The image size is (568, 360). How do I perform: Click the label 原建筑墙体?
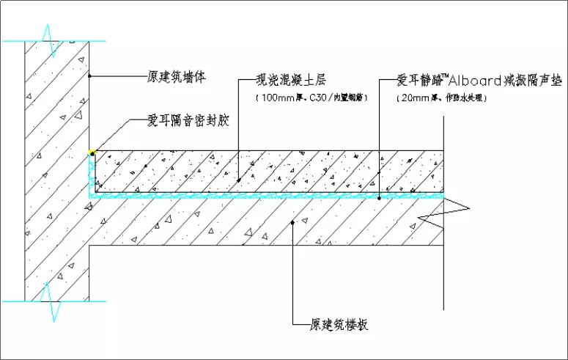coord(176,75)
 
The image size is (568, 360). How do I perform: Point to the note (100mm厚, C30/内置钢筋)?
coord(311,97)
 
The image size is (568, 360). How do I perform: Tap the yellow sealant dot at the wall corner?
coord(92,153)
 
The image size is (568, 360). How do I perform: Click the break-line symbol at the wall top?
coord(51,41)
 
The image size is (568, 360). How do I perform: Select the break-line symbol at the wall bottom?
coord(51,301)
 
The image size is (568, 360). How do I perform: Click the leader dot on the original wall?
coord(89,75)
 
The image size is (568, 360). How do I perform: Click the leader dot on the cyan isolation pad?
coord(379,196)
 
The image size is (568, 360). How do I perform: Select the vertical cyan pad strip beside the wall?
coord(92,176)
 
